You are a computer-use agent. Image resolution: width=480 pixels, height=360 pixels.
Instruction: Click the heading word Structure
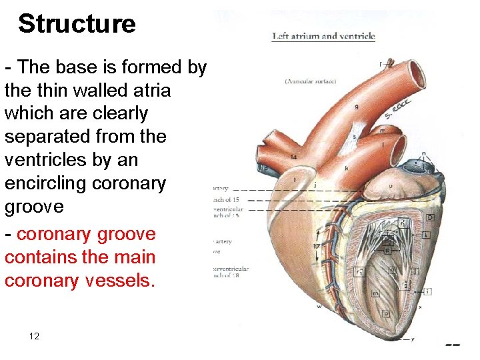point(77,24)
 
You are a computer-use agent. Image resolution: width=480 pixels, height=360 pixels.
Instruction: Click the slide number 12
point(34,336)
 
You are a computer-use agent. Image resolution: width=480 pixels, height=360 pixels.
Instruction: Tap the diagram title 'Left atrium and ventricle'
point(323,36)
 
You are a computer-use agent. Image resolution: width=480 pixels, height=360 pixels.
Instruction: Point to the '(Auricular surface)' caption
point(311,81)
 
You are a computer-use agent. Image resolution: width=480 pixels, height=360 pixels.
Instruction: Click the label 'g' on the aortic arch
point(357,107)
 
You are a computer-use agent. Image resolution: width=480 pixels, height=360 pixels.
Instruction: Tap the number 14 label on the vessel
point(294,157)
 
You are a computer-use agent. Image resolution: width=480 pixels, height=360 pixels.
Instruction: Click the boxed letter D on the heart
point(431,217)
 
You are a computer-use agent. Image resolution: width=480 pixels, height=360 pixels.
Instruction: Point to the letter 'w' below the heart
point(319,307)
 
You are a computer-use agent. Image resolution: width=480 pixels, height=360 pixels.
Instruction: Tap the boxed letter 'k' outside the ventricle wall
point(425,235)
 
